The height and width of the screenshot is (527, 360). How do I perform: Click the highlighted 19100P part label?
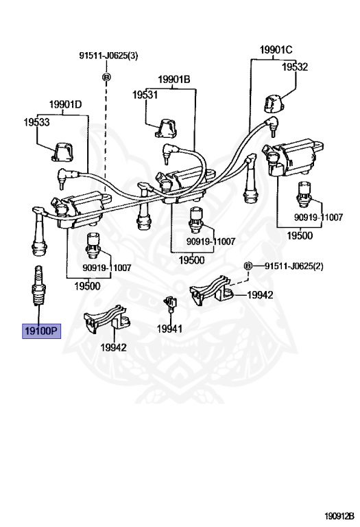(41, 331)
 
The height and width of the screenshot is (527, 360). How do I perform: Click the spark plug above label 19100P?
(38, 285)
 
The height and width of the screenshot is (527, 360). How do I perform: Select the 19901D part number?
(65, 104)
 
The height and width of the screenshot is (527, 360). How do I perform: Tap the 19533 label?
(36, 122)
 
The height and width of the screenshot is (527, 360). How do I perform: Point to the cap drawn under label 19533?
(63, 152)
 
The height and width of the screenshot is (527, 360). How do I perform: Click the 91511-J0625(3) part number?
(108, 56)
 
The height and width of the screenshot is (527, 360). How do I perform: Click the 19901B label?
(174, 80)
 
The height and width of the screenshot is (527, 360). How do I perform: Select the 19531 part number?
(145, 95)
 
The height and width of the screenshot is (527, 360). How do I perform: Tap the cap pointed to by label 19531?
(166, 128)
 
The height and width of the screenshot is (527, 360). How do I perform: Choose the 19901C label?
(276, 49)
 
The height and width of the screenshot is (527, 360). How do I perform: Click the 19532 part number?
(295, 67)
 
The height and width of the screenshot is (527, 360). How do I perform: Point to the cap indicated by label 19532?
(273, 104)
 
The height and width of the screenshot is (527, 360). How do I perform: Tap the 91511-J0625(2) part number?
(294, 266)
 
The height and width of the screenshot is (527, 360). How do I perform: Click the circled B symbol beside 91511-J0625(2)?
(248, 266)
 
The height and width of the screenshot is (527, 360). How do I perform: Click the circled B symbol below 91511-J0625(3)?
(106, 78)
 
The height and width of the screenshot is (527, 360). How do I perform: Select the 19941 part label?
(169, 329)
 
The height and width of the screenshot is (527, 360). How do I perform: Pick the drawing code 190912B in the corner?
(339, 515)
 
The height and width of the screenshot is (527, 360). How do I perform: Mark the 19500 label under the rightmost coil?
(300, 235)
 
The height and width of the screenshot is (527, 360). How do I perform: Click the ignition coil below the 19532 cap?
(293, 157)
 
